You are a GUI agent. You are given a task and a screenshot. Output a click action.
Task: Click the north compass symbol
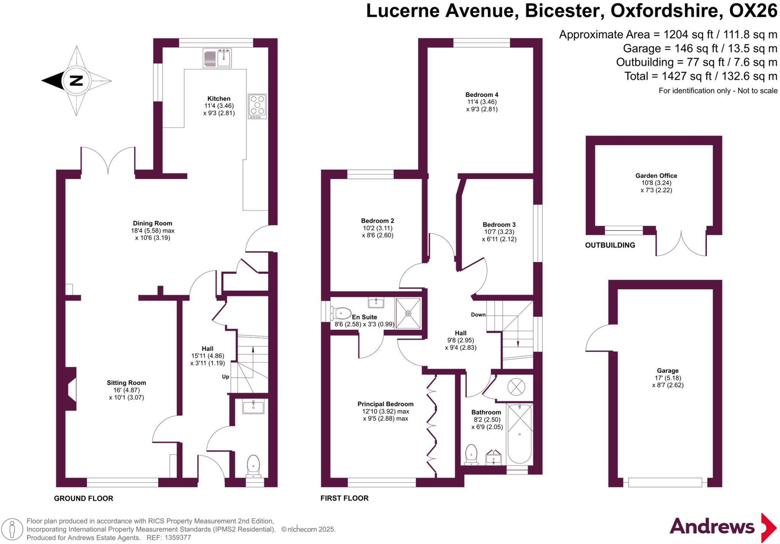[x=76, y=81]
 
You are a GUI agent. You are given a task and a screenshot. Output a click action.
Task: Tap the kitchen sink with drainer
[x=217, y=58]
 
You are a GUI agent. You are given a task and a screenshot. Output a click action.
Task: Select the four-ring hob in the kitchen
[x=257, y=106]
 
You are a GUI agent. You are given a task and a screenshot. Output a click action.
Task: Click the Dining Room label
[x=152, y=223]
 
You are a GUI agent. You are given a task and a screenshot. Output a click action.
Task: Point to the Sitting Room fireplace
[x=71, y=389]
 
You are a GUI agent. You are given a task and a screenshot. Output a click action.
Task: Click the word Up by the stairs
[x=225, y=377]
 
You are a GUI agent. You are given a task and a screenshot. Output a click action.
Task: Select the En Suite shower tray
[x=408, y=313]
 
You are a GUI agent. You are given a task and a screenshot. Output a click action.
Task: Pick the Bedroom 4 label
[x=482, y=95]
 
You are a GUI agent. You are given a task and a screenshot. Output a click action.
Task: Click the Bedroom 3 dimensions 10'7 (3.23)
[x=499, y=232]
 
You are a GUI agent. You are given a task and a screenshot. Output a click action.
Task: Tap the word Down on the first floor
[x=478, y=315]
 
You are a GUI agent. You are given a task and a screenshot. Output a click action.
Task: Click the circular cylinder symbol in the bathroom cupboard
[x=516, y=387]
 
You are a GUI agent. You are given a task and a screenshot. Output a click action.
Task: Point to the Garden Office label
[x=656, y=176]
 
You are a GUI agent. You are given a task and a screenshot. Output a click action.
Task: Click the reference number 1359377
[x=177, y=538]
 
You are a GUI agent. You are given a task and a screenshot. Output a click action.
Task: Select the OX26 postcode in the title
[x=753, y=11]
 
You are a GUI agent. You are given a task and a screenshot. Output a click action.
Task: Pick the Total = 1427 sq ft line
[x=700, y=76]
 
